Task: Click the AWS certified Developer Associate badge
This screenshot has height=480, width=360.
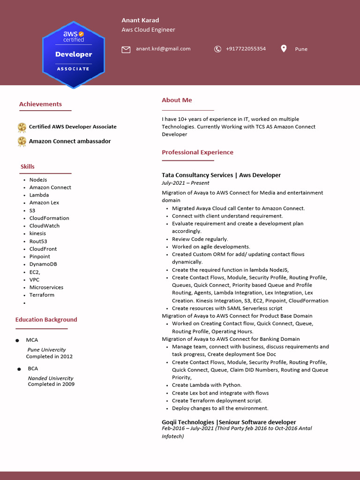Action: [74, 55]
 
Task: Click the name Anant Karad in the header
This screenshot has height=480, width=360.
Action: [140, 20]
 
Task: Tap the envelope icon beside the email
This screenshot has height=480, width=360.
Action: [126, 49]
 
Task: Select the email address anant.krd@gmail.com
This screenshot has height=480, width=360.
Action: [163, 49]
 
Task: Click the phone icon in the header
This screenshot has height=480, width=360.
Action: [217, 49]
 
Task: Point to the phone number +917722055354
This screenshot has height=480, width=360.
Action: [246, 49]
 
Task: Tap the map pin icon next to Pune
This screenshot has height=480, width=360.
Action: [284, 49]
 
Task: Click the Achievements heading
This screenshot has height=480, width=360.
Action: [40, 104]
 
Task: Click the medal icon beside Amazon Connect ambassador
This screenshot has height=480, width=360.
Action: [22, 141]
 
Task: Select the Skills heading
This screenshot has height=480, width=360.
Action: [27, 166]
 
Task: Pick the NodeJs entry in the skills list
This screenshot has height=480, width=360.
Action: [38, 180]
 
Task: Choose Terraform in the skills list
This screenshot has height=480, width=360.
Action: [42, 295]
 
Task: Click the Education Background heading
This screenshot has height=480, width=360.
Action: [46, 320]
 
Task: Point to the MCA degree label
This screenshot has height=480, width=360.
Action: [32, 340]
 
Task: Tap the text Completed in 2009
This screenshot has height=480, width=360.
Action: [51, 384]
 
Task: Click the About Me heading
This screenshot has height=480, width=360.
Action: [177, 100]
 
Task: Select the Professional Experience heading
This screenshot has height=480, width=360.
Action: [197, 152]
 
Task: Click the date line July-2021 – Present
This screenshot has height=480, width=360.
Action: [185, 183]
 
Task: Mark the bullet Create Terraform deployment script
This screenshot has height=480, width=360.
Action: [217, 401]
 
